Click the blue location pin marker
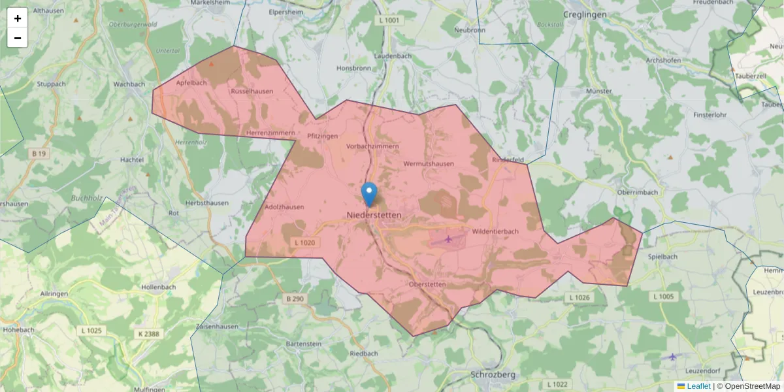click(369, 193)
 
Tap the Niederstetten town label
click(374, 215)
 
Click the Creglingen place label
click(585, 14)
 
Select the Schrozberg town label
click(493, 375)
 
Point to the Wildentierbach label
click(495, 231)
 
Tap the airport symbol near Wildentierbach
click(448, 239)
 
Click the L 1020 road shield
click(305, 243)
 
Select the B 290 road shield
click(295, 299)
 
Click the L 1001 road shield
click(388, 21)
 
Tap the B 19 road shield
click(39, 154)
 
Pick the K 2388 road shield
click(148, 334)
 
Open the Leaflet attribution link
click(698, 386)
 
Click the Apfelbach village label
click(191, 83)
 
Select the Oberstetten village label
click(426, 284)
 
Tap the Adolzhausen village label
click(284, 207)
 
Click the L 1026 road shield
click(580, 298)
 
